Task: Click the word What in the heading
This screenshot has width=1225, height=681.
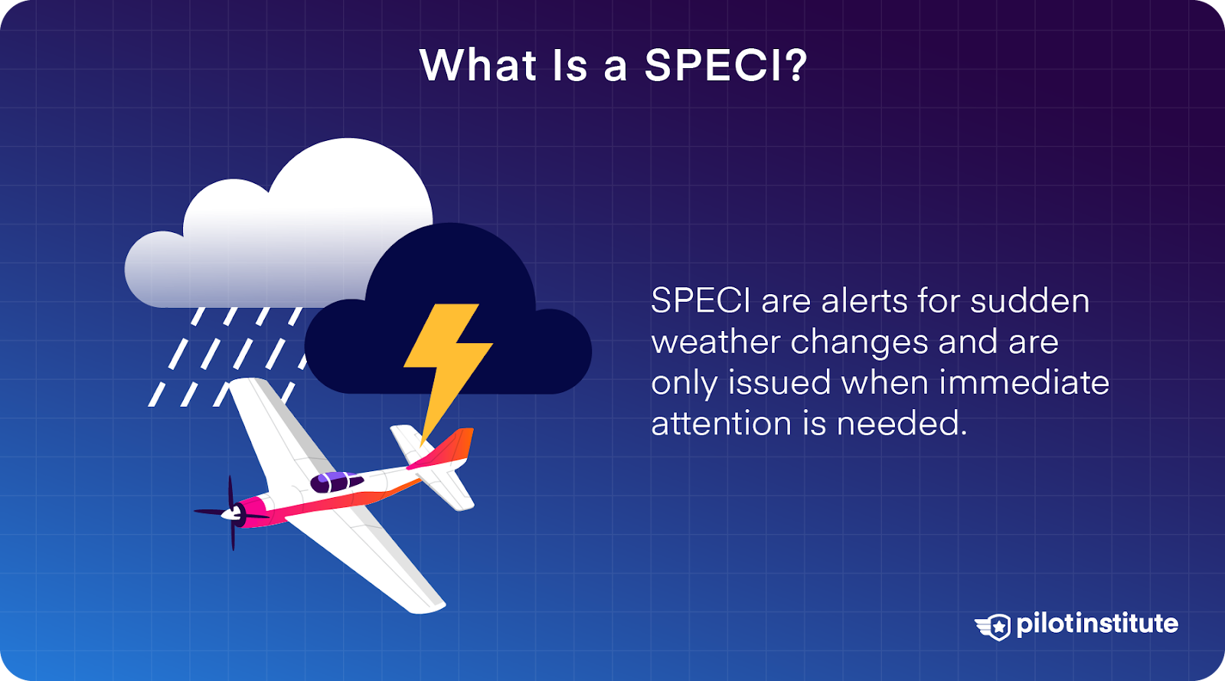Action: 478,65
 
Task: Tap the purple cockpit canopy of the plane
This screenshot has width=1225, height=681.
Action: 335,482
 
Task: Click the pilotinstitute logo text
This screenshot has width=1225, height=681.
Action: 1097,624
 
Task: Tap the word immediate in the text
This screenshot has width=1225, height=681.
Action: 1024,382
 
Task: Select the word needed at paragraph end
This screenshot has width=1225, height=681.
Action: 901,424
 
